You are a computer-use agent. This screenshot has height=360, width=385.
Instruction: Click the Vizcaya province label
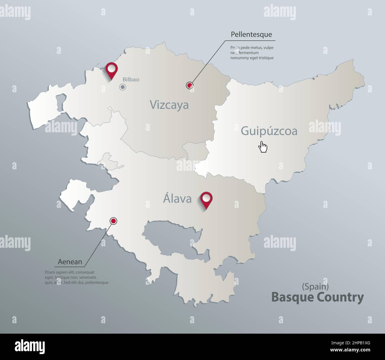[x=169, y=105]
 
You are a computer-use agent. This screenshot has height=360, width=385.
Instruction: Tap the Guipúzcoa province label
[x=269, y=131]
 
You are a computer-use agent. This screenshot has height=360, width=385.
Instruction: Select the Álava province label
[x=177, y=199]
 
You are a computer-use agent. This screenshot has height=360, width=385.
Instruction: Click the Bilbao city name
[x=131, y=80]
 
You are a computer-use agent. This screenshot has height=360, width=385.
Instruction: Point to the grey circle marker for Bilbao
[x=123, y=87]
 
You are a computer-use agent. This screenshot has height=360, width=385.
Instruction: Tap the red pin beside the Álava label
[x=206, y=199]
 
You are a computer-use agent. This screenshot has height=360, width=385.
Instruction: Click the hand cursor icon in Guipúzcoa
[x=263, y=147]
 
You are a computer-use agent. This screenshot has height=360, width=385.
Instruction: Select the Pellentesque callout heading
[x=251, y=34]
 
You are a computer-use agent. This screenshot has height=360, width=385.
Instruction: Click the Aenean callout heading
[x=70, y=262]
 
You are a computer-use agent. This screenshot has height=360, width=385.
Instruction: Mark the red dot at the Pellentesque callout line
[x=190, y=86]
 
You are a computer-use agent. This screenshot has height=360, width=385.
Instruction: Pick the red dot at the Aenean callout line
[x=113, y=221]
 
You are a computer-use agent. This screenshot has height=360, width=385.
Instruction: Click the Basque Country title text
[x=317, y=297]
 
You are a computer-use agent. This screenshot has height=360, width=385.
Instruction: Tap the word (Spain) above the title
[x=315, y=287]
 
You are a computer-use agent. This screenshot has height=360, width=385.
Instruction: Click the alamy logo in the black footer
[x=30, y=346]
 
